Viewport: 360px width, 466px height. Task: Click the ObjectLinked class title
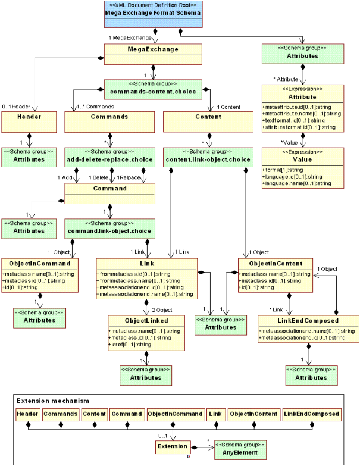coord(145,320)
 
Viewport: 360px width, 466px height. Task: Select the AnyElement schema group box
coord(240,449)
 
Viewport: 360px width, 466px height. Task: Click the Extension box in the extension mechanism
coord(172,446)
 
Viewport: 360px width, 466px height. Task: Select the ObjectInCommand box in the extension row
coord(175,414)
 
